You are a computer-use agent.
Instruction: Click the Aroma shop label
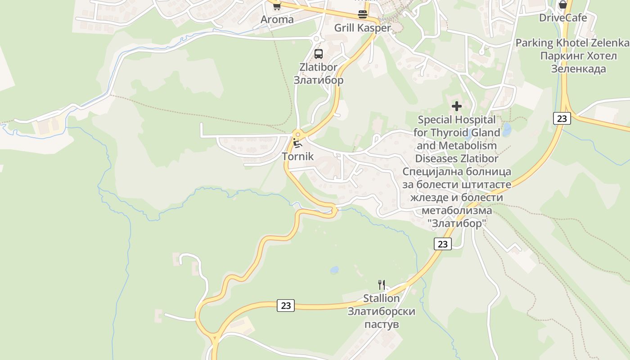[x=277, y=19]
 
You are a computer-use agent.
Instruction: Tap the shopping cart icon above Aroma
[x=277, y=6]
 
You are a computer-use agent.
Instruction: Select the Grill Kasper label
[x=362, y=28]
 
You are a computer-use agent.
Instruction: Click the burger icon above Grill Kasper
[x=362, y=14]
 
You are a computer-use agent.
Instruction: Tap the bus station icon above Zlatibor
[x=319, y=54]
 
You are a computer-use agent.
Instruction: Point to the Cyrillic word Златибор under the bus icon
[x=319, y=80]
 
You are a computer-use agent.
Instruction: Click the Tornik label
[x=297, y=157]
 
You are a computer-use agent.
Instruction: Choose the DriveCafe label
[x=563, y=18]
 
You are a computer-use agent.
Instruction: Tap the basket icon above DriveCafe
[x=562, y=5]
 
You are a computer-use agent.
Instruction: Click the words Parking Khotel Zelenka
[x=572, y=43]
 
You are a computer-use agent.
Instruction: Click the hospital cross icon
[x=457, y=107]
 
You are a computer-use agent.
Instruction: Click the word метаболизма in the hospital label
[x=457, y=211]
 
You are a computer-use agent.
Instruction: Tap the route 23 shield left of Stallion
[x=286, y=306]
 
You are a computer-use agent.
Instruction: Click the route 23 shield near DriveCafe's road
[x=562, y=118]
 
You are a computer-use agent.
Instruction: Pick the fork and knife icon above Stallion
[x=382, y=284]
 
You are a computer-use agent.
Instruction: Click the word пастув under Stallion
[x=382, y=324]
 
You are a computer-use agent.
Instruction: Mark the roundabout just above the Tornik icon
[x=297, y=134]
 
